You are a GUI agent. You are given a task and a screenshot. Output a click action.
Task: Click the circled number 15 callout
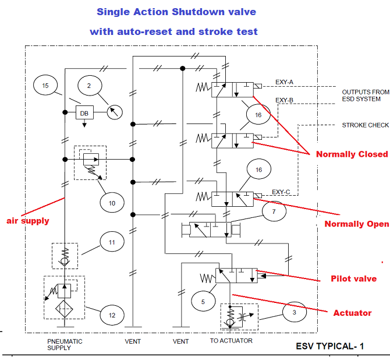click(x=45, y=86)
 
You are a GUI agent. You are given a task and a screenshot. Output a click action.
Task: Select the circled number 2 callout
click(x=89, y=86)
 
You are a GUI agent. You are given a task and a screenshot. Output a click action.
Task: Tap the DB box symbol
click(x=84, y=112)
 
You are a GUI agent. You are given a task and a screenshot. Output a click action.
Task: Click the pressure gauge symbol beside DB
click(x=114, y=112)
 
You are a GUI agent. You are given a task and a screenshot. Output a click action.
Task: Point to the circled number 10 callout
click(x=112, y=202)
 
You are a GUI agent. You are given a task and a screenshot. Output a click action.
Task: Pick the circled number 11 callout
click(x=112, y=242)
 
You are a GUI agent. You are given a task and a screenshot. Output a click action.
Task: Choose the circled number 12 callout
click(x=112, y=315)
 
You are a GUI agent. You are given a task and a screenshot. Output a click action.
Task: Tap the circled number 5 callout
click(x=203, y=302)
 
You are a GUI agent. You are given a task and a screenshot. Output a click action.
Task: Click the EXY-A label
click(x=285, y=82)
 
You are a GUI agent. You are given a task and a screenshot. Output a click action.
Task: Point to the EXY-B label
click(x=285, y=100)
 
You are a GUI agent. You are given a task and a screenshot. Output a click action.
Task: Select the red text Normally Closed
click(x=352, y=154)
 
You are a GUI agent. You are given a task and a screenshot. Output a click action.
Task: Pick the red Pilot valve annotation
click(x=353, y=279)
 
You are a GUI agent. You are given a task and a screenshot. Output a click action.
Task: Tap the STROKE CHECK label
click(x=365, y=125)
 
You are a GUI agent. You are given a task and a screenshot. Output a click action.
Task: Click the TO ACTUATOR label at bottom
click(x=231, y=341)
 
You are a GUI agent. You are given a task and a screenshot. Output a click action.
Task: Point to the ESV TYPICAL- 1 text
click(x=330, y=346)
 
